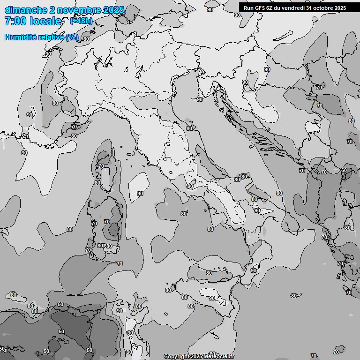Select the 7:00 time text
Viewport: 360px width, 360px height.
pos(16,21)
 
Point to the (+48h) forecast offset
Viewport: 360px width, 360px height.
pos(81,21)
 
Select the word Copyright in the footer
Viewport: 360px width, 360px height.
pos(176,356)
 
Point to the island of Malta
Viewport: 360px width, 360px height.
pos(214,335)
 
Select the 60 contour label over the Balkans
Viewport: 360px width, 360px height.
pos(345,171)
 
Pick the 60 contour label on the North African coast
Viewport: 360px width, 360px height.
pos(60,305)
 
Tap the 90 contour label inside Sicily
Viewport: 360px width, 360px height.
pos(212,298)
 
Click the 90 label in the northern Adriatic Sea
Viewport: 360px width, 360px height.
pos(200,99)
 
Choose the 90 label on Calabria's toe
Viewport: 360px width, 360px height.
pos(254,270)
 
